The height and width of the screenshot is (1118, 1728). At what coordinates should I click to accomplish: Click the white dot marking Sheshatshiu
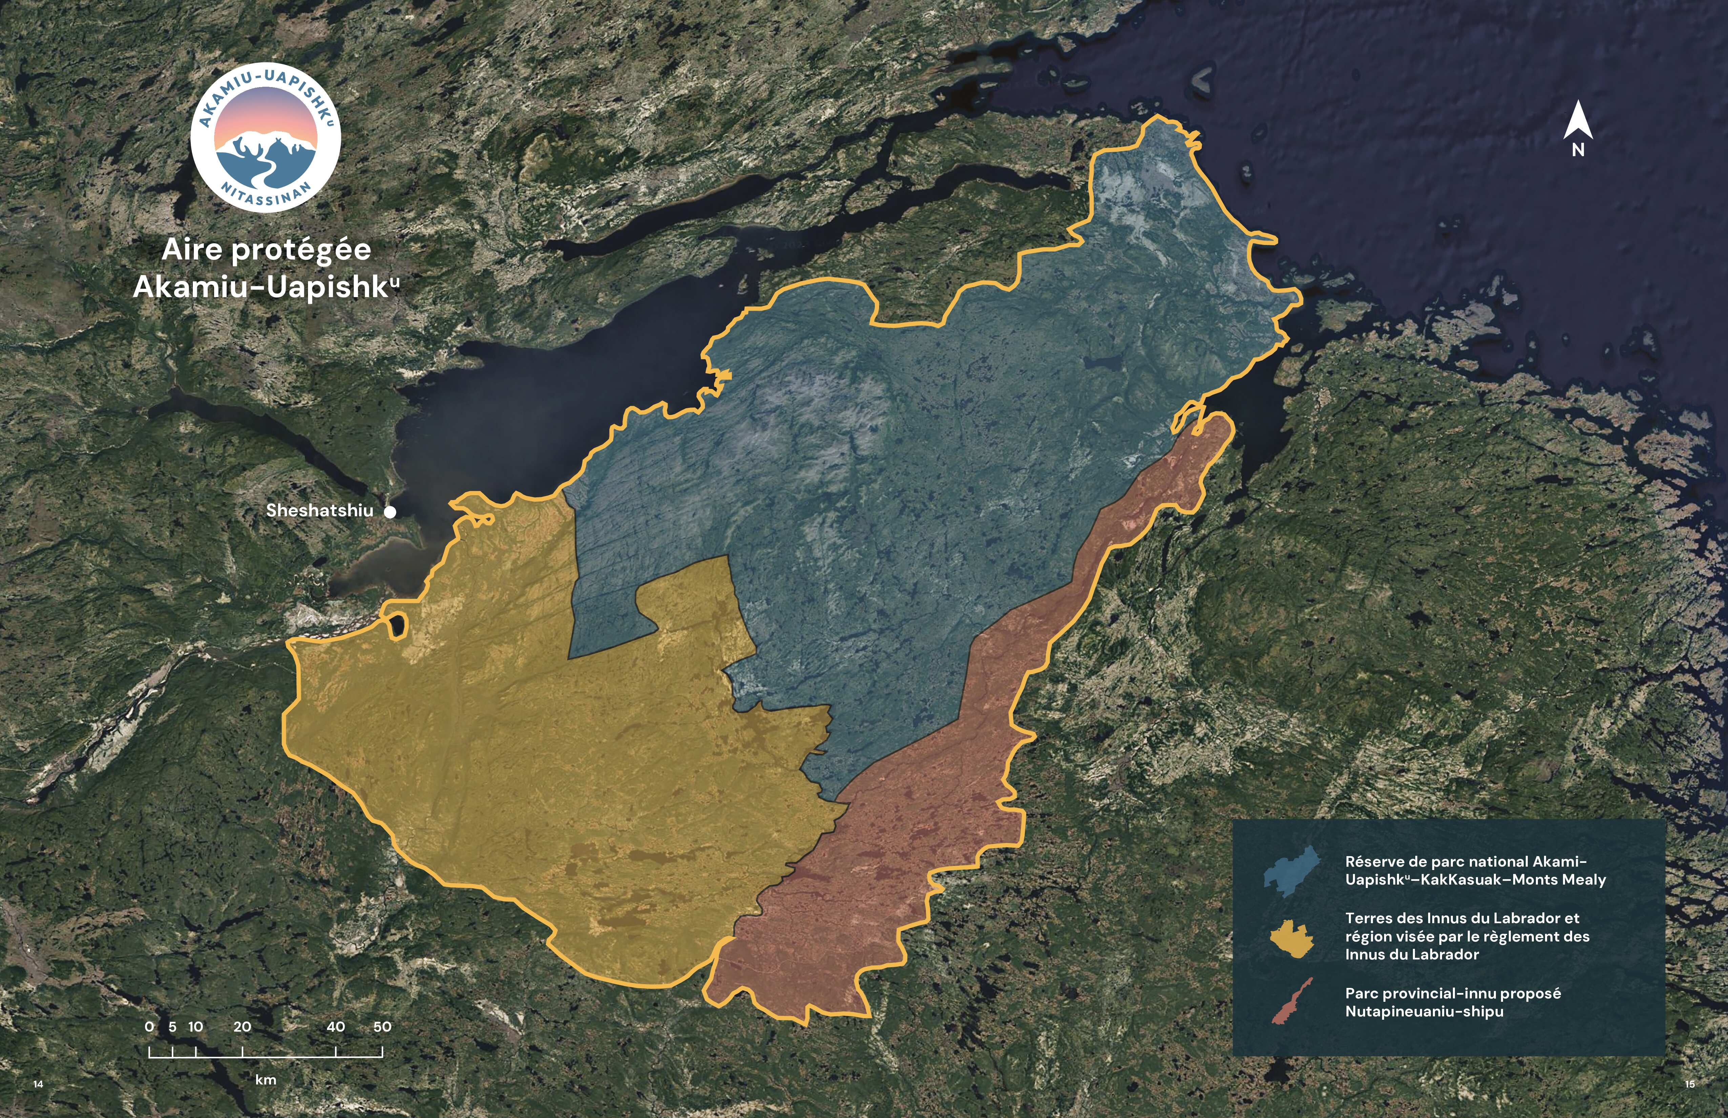(390, 512)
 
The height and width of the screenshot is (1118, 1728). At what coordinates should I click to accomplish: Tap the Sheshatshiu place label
(320, 510)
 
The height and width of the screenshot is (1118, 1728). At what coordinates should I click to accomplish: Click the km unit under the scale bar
(266, 1079)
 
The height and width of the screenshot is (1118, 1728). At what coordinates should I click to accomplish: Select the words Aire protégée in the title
(266, 250)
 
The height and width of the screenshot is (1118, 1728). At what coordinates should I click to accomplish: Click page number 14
(39, 1084)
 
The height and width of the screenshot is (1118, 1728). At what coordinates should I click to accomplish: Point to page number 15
(1689, 1084)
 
